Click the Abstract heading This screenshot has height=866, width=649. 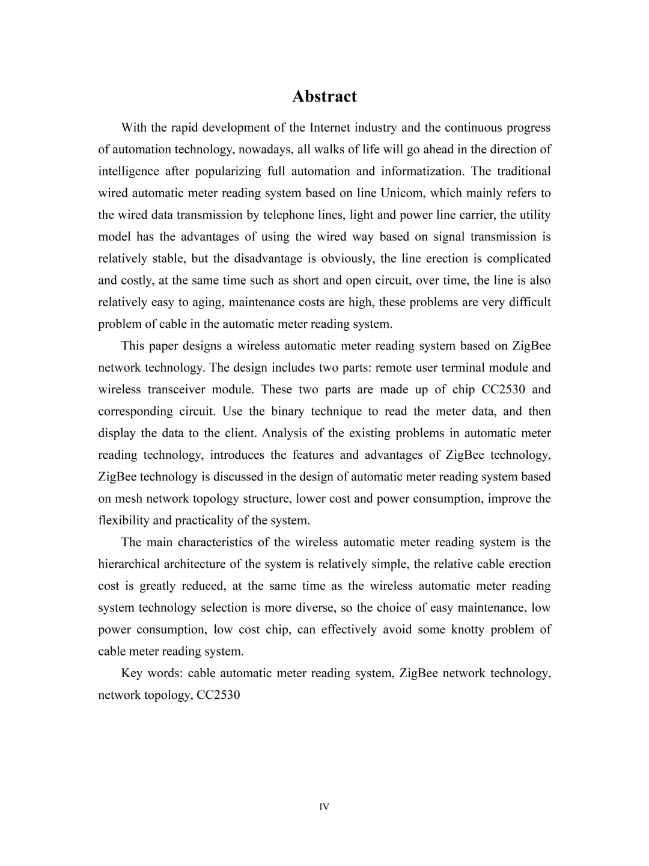[x=324, y=96]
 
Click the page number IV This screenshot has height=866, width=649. [x=324, y=807]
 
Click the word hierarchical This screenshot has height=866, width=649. [x=129, y=564]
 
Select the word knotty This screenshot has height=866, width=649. [x=469, y=630]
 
